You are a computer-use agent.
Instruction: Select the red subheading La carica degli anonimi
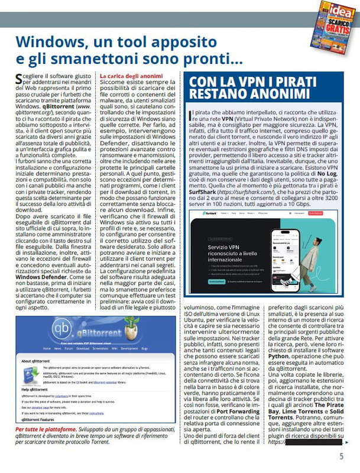point(131,76)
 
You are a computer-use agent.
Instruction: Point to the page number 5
point(341,456)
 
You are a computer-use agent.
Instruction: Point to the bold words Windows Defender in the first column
point(37,276)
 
